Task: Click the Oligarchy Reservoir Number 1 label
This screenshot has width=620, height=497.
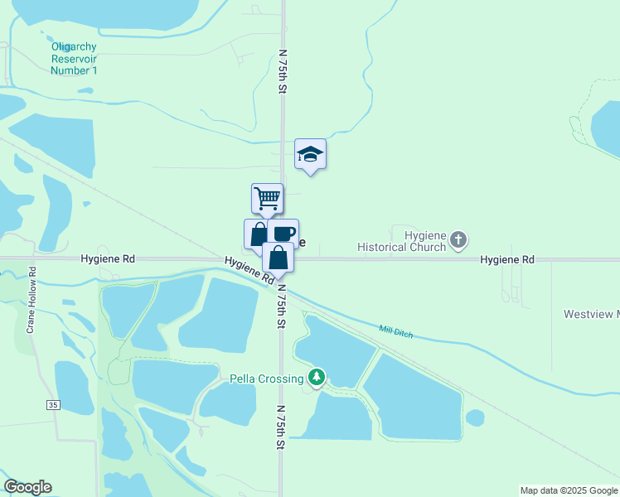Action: tap(74, 59)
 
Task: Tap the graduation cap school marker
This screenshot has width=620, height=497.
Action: tap(310, 154)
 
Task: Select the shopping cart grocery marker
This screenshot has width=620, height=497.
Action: tap(267, 199)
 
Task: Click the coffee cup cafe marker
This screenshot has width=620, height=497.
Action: tap(283, 234)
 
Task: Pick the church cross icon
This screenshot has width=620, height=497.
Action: tap(458, 241)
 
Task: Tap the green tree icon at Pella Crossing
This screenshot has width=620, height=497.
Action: tap(316, 378)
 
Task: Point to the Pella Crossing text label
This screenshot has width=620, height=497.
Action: tap(266, 379)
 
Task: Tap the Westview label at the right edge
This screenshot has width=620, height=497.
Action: tap(591, 315)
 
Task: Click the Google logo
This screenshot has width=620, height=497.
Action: tap(27, 487)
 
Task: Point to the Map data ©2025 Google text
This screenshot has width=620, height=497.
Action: tap(569, 490)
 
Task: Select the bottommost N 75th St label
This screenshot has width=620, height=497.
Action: tap(281, 427)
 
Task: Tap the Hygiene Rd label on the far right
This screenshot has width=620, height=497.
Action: tap(507, 259)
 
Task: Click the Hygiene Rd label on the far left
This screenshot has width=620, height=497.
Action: tap(108, 258)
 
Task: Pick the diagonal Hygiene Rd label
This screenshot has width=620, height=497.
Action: tap(249, 271)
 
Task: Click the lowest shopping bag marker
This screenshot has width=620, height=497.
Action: tap(278, 258)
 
